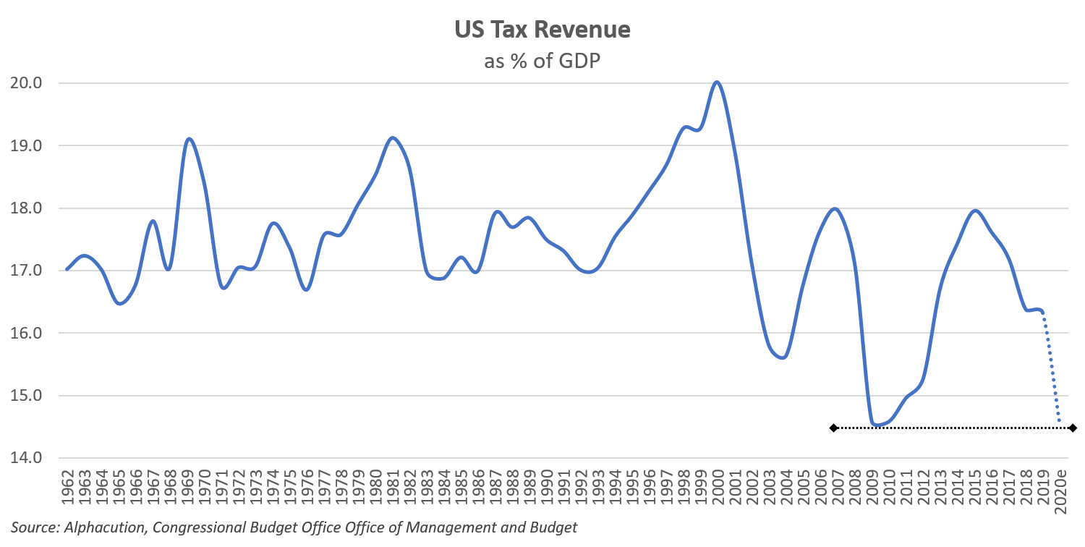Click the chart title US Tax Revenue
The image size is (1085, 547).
[542, 30]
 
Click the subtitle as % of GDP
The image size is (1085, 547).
[542, 61]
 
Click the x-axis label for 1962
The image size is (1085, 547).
[68, 489]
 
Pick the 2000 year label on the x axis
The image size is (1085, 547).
[718, 489]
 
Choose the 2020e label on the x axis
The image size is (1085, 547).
[1060, 492]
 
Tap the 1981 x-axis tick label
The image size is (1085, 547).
[393, 489]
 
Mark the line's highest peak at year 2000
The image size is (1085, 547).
[717, 82]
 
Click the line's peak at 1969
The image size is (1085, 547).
[189, 138]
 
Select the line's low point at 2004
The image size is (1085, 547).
[784, 357]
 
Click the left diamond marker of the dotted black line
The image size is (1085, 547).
[833, 428]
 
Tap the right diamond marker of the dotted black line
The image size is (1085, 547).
[1072, 428]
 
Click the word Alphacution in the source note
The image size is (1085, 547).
[103, 527]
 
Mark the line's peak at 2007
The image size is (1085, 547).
[835, 208]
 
